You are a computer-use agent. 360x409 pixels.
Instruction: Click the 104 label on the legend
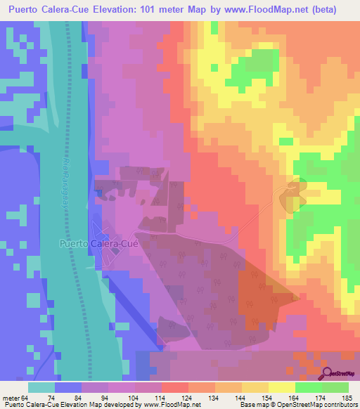click(x=142, y=397)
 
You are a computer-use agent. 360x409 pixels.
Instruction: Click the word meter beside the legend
click(x=11, y=397)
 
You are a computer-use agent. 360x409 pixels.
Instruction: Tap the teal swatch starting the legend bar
click(x=41, y=387)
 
